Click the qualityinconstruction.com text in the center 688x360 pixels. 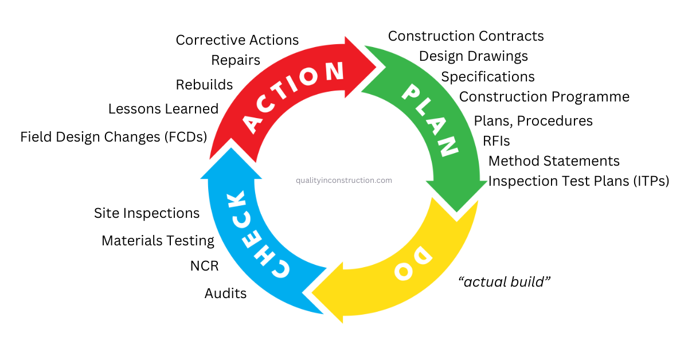(344, 180)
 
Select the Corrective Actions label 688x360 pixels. (237, 40)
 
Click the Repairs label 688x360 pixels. (236, 60)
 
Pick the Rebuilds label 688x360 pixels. (204, 85)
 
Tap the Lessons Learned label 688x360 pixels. (163, 109)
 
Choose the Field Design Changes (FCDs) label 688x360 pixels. (114, 137)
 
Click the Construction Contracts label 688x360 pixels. (466, 36)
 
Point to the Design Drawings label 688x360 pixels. (474, 56)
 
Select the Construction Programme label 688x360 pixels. (544, 97)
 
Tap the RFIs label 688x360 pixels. (497, 141)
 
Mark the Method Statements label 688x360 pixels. (554, 161)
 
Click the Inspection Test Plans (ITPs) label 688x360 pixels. (578, 181)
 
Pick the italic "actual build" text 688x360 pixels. (505, 282)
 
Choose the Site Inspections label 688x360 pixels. (147, 213)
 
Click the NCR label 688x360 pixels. (204, 266)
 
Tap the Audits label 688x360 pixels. (225, 294)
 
